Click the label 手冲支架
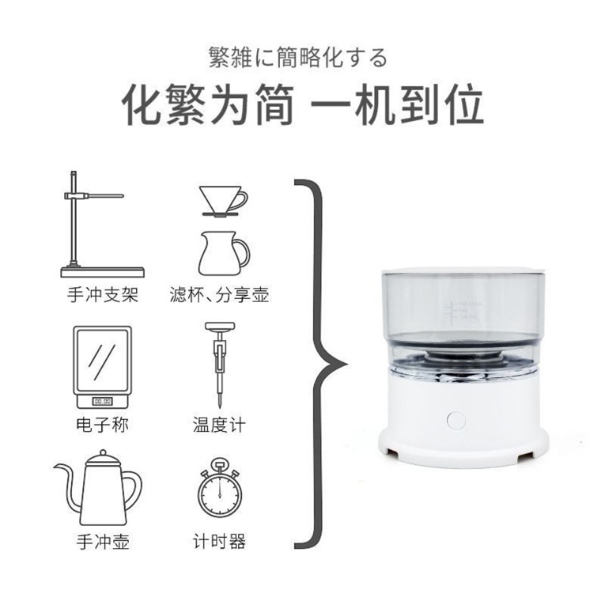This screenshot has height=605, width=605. coord(103,295)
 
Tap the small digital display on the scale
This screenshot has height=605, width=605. coord(103,401)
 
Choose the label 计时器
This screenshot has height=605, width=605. coord(219,541)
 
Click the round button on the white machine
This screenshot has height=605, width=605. coord(456,420)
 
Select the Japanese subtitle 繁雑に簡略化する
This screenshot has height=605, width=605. coord(298,57)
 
